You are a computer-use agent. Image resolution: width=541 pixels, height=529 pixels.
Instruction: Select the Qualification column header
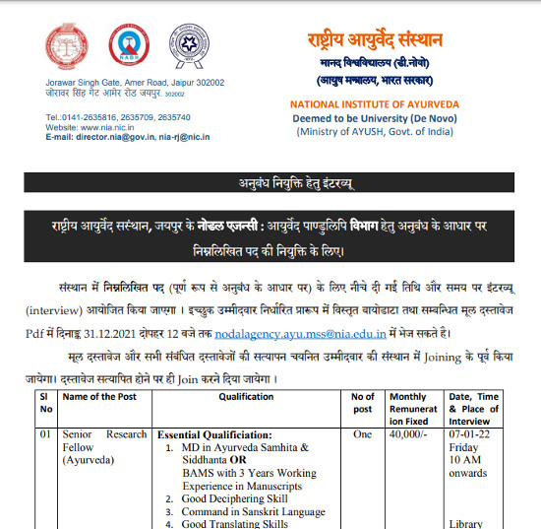[x=246, y=397]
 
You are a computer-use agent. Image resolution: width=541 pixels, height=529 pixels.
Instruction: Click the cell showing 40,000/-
[x=407, y=434]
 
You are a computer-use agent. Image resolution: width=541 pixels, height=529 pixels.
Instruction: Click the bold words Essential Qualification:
[x=214, y=434]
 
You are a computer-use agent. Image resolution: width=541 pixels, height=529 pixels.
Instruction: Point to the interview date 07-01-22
[x=470, y=434]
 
